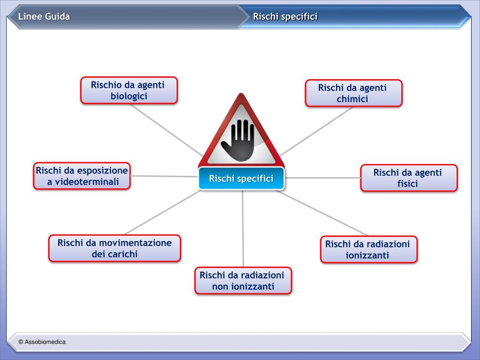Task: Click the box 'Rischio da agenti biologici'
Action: click(129, 90)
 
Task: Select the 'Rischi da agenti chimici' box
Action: click(353, 93)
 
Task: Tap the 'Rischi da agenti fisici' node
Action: click(409, 178)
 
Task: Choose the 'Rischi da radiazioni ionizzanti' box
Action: click(368, 249)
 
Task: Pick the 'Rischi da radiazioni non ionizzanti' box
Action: click(243, 280)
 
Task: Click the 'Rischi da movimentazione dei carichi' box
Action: click(114, 248)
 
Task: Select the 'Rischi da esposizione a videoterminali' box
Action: click(82, 176)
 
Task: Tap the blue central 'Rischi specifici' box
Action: click(241, 179)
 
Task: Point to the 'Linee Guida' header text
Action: click(44, 17)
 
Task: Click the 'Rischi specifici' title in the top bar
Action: click(285, 17)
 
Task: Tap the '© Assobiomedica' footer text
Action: click(42, 342)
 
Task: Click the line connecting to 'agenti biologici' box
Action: click(164, 128)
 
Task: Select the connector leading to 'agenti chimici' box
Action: click(319, 130)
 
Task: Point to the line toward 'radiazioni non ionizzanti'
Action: click(243, 230)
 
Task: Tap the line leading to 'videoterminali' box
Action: click(164, 176)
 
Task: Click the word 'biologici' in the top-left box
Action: click(129, 96)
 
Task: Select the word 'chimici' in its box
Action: click(352, 99)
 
